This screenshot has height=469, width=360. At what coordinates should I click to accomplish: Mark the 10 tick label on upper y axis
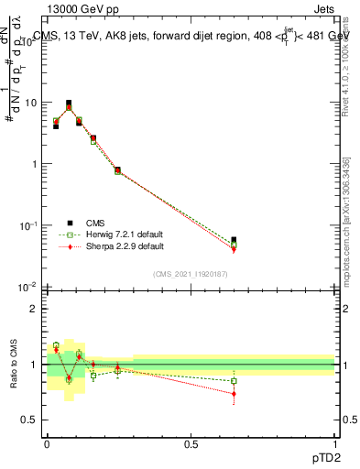pos(30,103)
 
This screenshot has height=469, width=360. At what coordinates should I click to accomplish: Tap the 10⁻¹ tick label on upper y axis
pos(28,225)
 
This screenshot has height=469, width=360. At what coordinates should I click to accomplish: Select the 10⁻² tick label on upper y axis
pos(28,287)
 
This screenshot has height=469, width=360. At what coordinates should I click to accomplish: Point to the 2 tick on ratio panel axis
pos(34,309)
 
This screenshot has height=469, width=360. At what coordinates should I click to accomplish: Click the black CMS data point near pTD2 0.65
pos(234,240)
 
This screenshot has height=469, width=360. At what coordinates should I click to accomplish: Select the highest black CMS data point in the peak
pos(69,104)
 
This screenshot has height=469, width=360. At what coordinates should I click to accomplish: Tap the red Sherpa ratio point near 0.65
pos(234,394)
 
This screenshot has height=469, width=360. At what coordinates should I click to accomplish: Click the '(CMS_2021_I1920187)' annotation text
pos(190,274)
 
